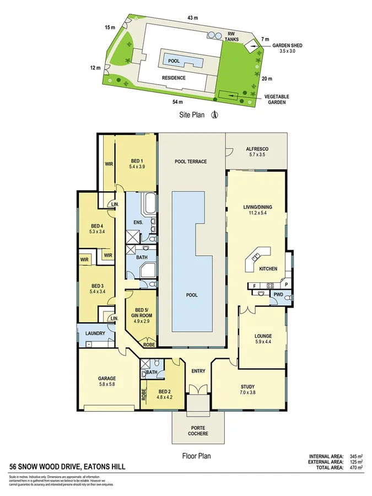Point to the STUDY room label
[x=247, y=389]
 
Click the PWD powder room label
[x=278, y=295]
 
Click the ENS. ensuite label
[x=138, y=222]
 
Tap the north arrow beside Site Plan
[x=216, y=115]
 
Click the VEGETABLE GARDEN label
[x=276, y=99]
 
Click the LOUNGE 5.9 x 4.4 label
[x=263, y=339]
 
